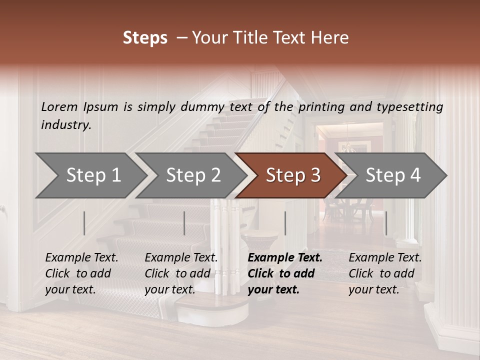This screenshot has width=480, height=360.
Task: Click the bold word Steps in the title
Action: click(x=145, y=38)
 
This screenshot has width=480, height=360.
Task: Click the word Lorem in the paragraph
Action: click(x=59, y=106)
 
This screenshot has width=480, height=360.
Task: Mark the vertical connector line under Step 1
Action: click(x=84, y=223)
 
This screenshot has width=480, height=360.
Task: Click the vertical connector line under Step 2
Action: click(x=184, y=223)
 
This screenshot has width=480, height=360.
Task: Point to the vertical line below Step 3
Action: click(x=285, y=223)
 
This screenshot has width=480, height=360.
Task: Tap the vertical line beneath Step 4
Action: click(x=386, y=223)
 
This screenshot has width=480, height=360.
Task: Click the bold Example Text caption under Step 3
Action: click(x=285, y=273)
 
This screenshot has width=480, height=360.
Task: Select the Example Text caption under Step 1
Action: click(x=81, y=273)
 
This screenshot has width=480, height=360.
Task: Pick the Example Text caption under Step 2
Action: click(x=181, y=273)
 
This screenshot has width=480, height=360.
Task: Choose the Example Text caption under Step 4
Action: click(x=385, y=273)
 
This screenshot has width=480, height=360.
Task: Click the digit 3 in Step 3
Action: click(x=315, y=175)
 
